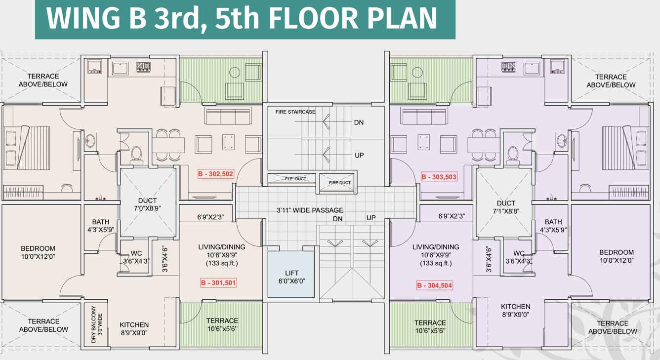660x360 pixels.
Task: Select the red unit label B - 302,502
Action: click(x=215, y=174)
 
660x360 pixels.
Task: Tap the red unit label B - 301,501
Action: click(x=218, y=283)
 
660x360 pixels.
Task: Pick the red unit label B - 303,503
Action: click(x=439, y=177)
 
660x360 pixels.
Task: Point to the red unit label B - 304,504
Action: click(x=434, y=285)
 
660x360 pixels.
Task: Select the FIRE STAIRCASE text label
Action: click(x=295, y=112)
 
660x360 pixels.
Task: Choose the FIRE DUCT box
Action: click(x=339, y=182)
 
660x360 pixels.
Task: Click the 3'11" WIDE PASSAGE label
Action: click(x=309, y=210)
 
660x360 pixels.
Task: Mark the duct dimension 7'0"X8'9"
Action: click(x=147, y=208)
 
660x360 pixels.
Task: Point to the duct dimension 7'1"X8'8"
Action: click(x=506, y=211)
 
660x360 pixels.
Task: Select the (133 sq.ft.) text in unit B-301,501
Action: click(x=222, y=263)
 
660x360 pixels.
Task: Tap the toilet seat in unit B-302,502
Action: click(x=136, y=153)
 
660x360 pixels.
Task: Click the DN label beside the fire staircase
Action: click(x=359, y=122)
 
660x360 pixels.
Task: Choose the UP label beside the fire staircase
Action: click(x=359, y=155)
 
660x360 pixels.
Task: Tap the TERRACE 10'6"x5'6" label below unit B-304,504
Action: click(x=430, y=327)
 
